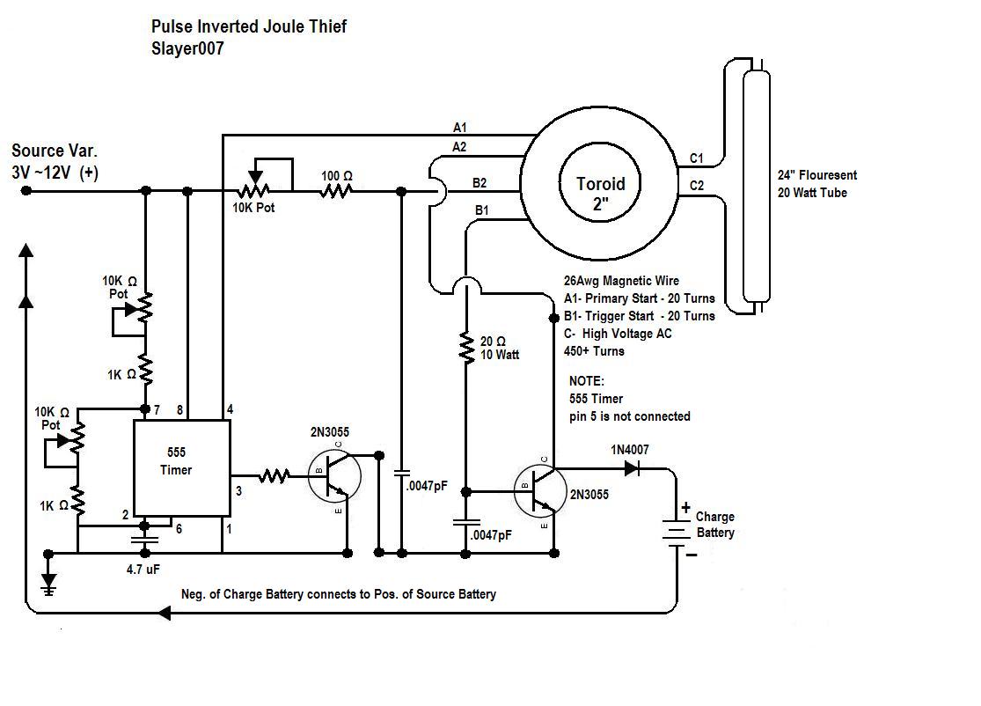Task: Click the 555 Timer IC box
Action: [182, 468]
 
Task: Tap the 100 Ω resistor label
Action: [337, 176]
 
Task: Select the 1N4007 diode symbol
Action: [632, 468]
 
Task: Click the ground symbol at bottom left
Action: [48, 581]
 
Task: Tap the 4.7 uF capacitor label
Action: [143, 570]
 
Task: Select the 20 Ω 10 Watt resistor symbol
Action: [466, 348]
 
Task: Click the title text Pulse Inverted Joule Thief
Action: [249, 26]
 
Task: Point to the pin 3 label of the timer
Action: [238, 491]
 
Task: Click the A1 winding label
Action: [460, 128]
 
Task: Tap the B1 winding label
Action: [482, 210]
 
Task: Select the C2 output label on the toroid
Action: [696, 185]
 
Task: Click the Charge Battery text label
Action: [715, 525]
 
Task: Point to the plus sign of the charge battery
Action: [685, 507]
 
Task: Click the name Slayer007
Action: [187, 48]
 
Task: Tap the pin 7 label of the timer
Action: [157, 410]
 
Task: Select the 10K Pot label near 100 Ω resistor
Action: [253, 208]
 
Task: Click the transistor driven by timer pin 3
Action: [334, 475]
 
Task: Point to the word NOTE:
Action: [586, 381]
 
